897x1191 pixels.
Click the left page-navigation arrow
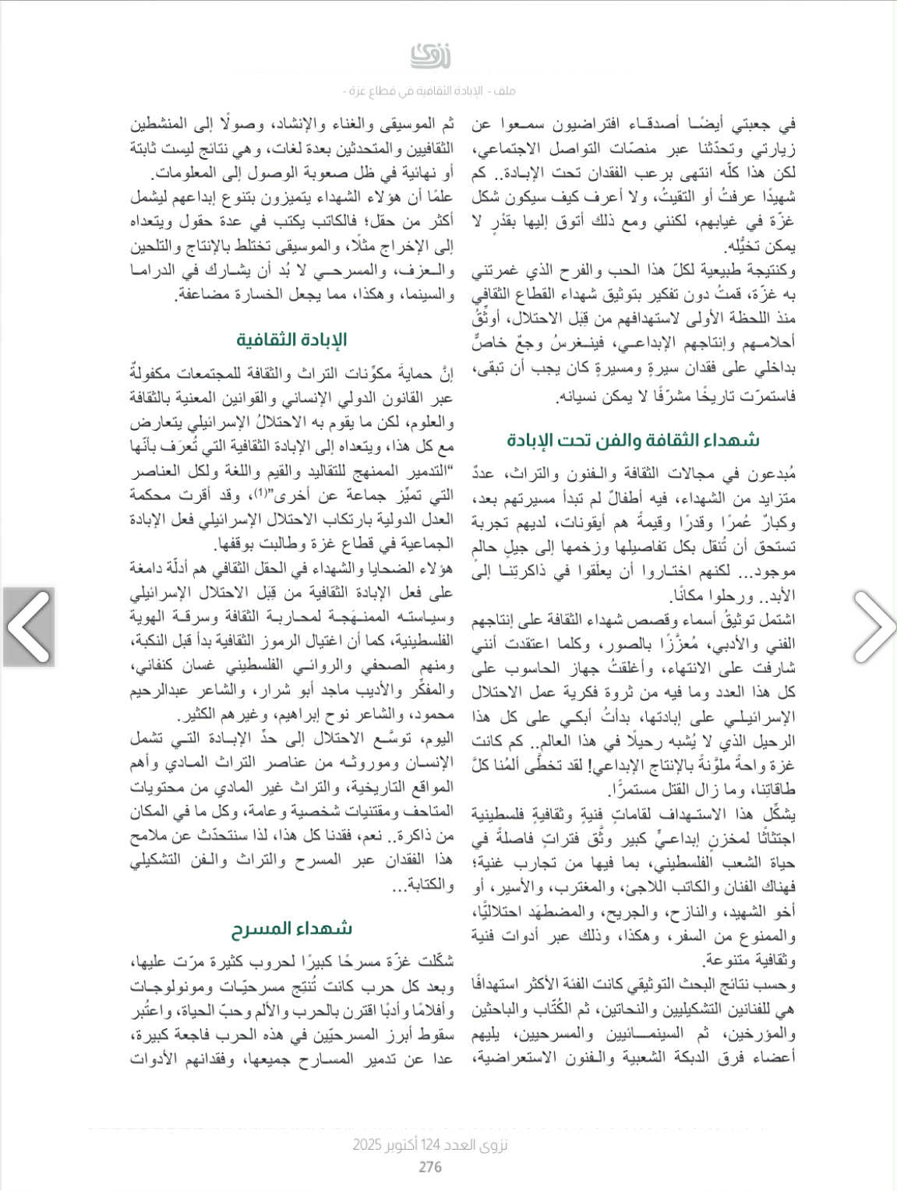pos(29,627)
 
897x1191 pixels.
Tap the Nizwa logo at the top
pos(430,56)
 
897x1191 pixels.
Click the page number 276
pos(430,1166)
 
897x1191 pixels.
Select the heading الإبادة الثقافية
pos(291,340)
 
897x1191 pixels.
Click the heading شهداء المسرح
pos(291,928)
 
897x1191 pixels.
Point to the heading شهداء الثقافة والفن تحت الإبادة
pos(633,440)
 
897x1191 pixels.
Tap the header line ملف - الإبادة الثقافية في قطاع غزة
pos(430,91)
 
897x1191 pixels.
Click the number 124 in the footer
pos(430,1145)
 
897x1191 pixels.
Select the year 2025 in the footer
pos(367,1145)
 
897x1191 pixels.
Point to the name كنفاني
pos(154,668)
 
